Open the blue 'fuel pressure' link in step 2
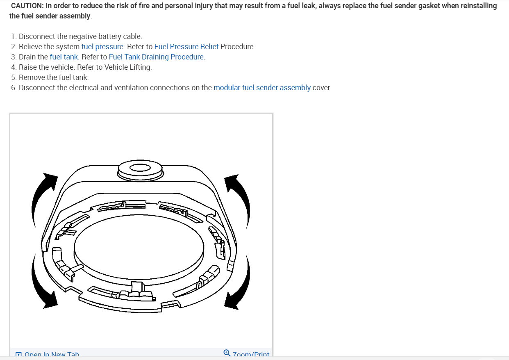102,46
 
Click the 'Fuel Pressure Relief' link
186,46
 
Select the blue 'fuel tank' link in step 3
64,57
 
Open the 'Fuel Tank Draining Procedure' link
157,57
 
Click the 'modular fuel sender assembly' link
262,87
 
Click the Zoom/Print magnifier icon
227,353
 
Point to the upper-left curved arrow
43,191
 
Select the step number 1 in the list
14,36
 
